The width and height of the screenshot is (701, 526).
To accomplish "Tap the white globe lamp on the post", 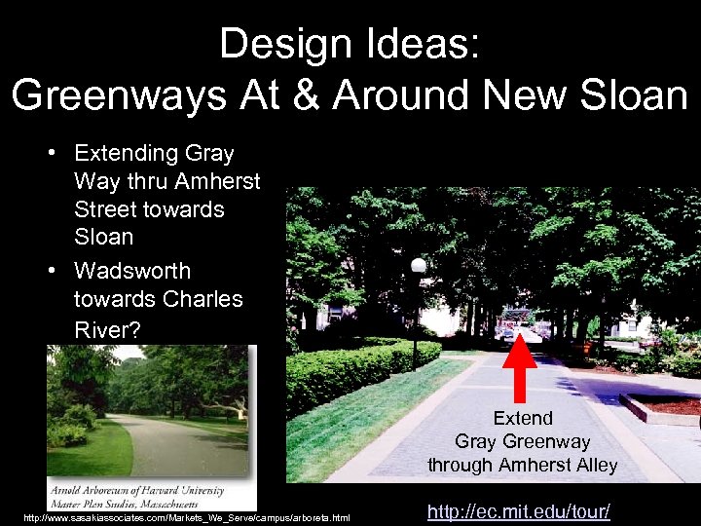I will pyautogui.click(x=419, y=265).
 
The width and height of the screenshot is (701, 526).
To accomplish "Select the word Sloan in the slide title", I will pyautogui.click(x=638, y=94).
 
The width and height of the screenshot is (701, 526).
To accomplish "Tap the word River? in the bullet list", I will pyautogui.click(x=107, y=330).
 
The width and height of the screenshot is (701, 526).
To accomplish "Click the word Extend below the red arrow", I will pyautogui.click(x=522, y=418).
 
